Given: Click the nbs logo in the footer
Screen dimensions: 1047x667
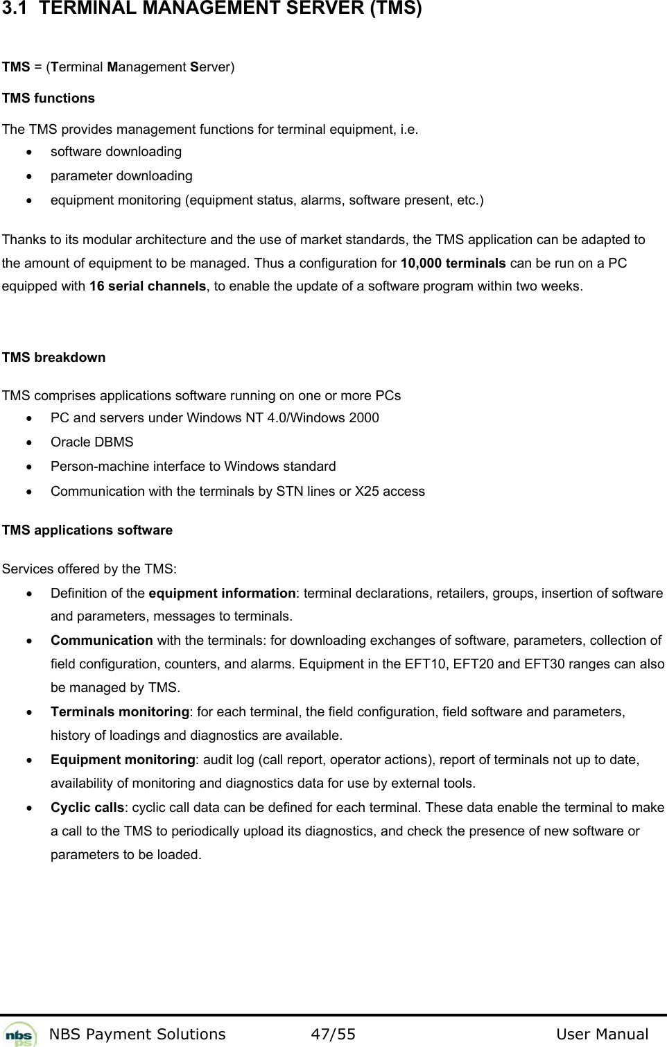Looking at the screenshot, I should point(20,1034).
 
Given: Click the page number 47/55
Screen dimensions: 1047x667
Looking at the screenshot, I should point(333,1035).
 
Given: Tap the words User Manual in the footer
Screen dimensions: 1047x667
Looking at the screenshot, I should point(602,1035).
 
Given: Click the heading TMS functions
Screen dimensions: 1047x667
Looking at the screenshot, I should point(49,98).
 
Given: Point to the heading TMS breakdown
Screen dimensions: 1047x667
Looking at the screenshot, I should point(54,358).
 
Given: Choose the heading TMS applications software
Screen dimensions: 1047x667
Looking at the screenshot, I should point(87,530).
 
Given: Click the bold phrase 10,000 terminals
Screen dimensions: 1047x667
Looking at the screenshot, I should point(453,263).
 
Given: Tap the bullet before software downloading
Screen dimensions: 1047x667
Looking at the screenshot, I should point(27,152).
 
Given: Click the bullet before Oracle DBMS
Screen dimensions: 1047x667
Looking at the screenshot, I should point(27,442).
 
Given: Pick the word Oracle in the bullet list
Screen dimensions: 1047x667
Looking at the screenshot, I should point(68,442).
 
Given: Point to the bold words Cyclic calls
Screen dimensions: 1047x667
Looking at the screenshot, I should point(88,808).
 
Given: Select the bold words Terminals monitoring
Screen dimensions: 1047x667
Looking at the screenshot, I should point(120,712).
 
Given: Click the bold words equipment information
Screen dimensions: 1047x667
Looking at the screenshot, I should point(222,594).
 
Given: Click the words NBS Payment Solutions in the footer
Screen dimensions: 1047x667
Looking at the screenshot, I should point(138,1035).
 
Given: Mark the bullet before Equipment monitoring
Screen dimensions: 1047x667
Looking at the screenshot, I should point(27,760).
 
